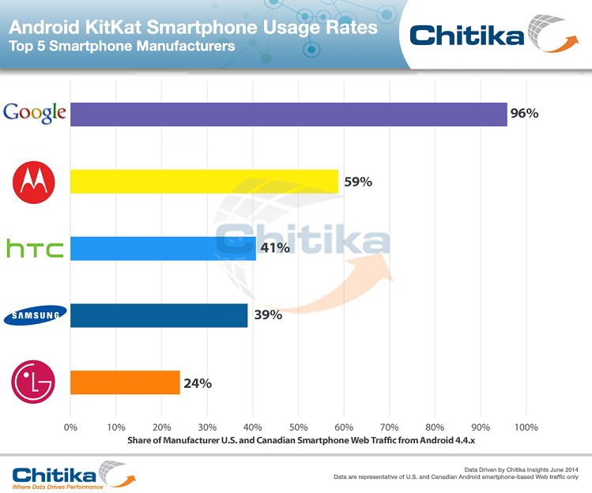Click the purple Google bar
(x=288, y=114)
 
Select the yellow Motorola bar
(x=204, y=182)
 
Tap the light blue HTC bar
(x=163, y=248)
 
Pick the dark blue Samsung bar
(x=159, y=316)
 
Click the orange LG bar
(x=125, y=383)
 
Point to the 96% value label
(x=524, y=114)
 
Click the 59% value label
(x=357, y=182)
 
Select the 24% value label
(x=198, y=383)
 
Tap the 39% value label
(x=267, y=316)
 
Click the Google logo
(x=34, y=113)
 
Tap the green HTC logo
(x=35, y=250)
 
